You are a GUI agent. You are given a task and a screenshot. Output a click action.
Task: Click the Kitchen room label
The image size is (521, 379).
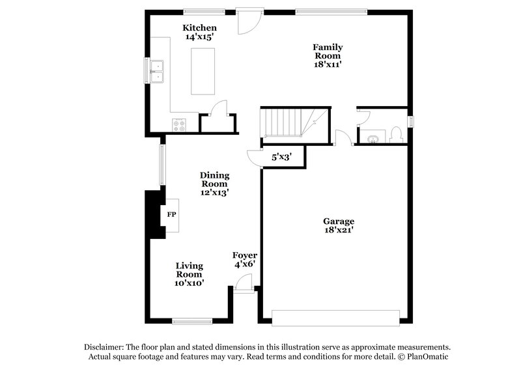[199, 28]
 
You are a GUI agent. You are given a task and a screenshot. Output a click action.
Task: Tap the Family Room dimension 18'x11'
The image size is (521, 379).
[328, 65]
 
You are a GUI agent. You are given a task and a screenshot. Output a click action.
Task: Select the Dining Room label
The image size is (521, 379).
[214, 179]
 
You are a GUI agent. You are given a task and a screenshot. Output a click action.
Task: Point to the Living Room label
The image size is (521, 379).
[190, 270]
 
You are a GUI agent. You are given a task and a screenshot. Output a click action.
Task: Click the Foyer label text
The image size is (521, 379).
[245, 255]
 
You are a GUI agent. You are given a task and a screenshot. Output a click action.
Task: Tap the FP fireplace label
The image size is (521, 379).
[172, 214]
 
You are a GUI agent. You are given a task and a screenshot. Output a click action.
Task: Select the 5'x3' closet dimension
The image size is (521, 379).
[281, 157]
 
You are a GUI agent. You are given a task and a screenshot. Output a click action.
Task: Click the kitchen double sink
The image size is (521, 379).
[156, 71]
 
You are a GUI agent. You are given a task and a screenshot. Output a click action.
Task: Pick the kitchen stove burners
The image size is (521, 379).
[179, 124]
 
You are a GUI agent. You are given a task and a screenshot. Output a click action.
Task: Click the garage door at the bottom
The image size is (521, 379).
[335, 317]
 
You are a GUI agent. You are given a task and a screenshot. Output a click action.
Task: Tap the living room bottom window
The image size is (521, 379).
[192, 320]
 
